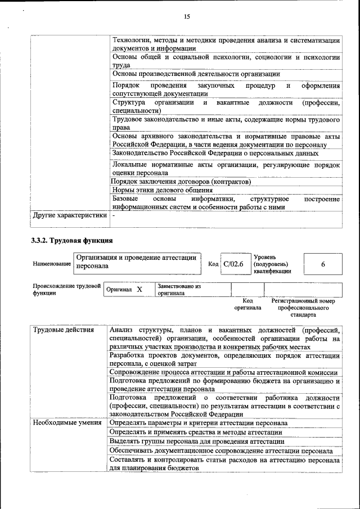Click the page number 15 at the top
[187, 17]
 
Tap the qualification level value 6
[323, 264]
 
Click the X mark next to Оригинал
[139, 289]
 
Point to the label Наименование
[51, 263]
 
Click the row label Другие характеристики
[69, 215]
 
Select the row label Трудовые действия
[63, 330]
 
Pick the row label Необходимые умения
[67, 422]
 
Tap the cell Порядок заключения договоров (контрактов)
[181, 182]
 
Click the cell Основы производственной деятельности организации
[196, 74]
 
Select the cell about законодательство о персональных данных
[215, 152]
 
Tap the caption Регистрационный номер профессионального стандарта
[303, 308]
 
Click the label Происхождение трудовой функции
[66, 289]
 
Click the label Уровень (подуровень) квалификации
[272, 264]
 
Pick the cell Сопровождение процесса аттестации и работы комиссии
[223, 372]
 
